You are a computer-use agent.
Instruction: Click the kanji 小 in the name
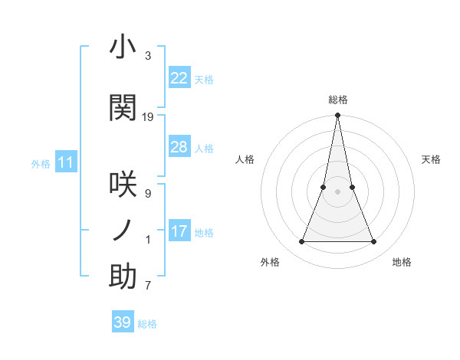click(x=123, y=47)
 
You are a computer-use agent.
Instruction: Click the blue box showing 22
click(x=179, y=78)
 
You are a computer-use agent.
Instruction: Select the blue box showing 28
click(x=179, y=147)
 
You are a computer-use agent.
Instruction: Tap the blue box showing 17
click(x=179, y=231)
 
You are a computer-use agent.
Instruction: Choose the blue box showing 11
click(x=66, y=162)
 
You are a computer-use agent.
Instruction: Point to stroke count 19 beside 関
click(x=148, y=116)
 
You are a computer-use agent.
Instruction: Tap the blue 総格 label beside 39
click(x=147, y=324)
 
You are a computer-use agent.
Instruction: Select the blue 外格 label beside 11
click(x=41, y=164)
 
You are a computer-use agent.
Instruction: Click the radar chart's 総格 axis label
click(x=337, y=100)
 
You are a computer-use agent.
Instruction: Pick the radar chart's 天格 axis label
click(x=431, y=159)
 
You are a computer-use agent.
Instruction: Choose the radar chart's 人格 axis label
click(x=245, y=159)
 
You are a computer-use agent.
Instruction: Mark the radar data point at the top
click(x=337, y=116)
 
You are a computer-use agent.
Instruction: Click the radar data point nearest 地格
click(x=374, y=242)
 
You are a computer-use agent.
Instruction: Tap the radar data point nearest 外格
click(x=301, y=242)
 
